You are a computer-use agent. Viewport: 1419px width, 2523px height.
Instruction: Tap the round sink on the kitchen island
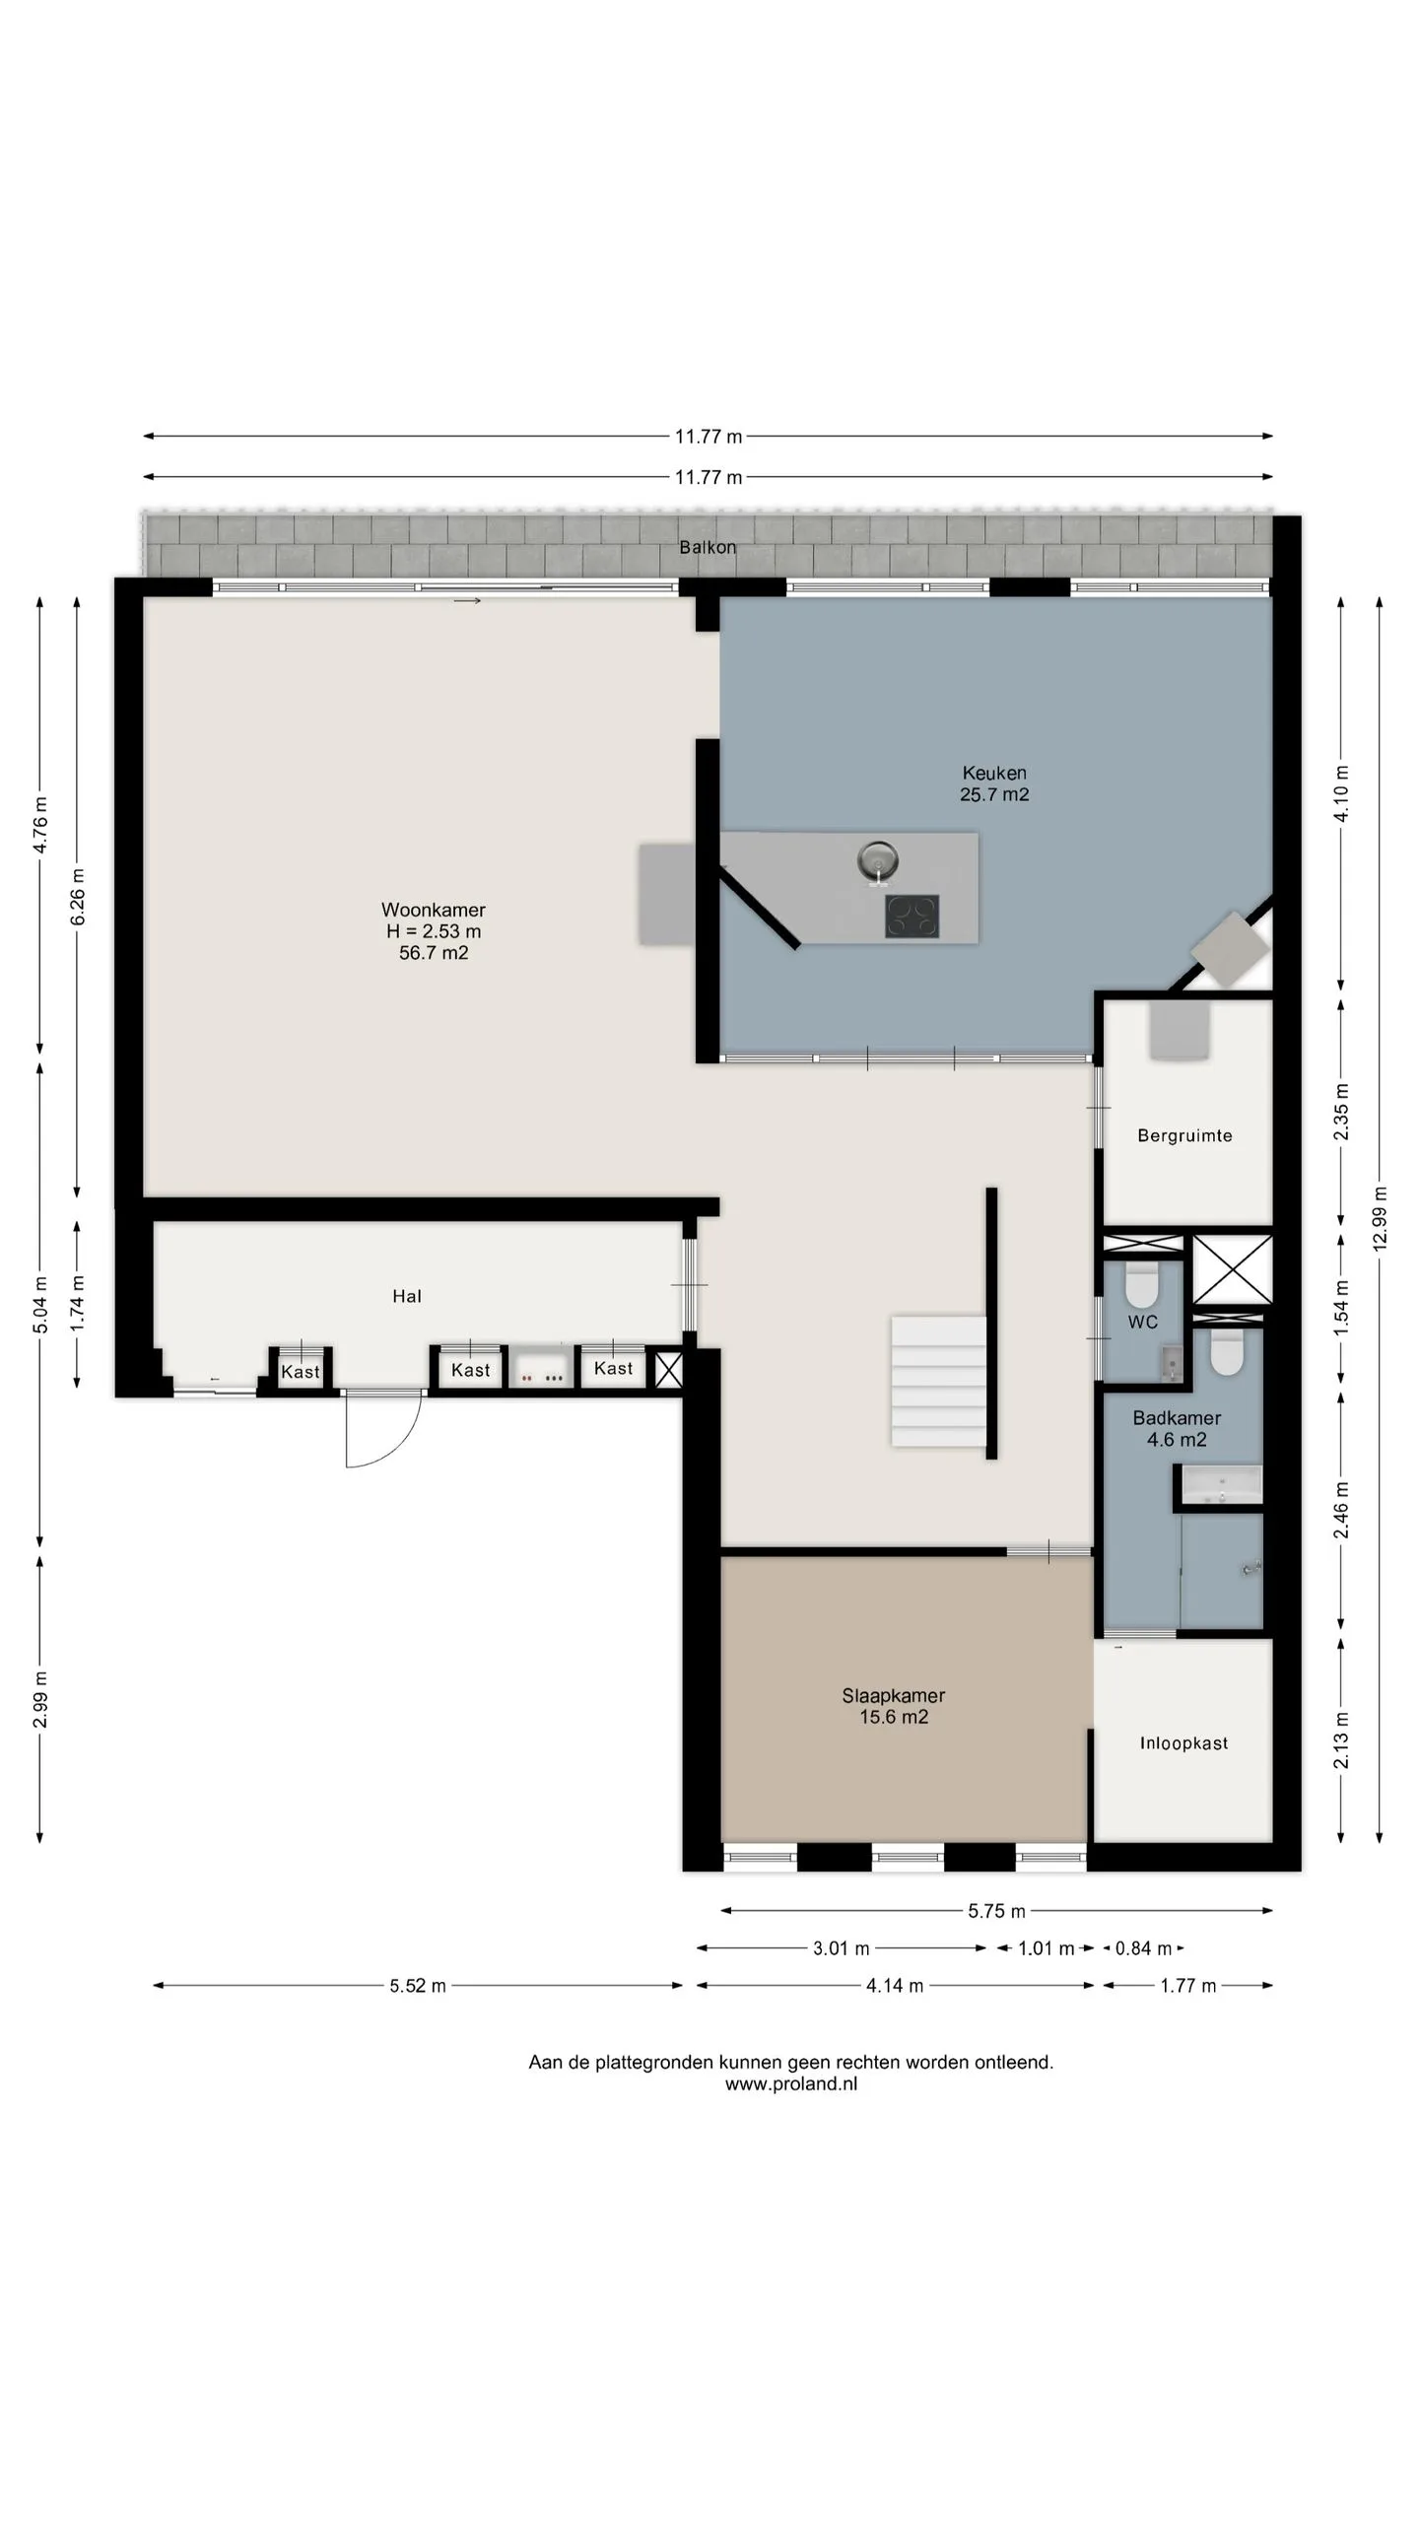877,861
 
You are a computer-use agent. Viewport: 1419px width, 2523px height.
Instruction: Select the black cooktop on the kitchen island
912,916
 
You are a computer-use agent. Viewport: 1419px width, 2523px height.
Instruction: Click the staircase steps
939,1381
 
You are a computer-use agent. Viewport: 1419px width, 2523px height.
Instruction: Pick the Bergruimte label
1184,1135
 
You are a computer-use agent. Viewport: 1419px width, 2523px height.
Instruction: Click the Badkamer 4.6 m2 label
1177,1428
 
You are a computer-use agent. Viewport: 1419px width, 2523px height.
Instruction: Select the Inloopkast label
1183,1742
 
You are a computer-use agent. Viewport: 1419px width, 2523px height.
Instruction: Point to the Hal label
407,1296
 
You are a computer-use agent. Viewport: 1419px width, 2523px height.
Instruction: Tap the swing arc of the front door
398,1445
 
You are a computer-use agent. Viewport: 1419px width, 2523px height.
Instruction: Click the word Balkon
708,547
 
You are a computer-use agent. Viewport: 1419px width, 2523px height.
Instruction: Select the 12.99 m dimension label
1379,1219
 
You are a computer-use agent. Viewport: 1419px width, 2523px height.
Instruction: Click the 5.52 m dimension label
418,1985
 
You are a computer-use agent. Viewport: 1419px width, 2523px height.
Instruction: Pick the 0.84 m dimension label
1143,1947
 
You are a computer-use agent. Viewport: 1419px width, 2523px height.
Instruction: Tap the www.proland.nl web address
791,2083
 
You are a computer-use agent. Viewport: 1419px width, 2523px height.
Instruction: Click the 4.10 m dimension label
1340,793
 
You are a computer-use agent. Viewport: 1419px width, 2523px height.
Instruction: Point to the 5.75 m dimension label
996,1911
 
